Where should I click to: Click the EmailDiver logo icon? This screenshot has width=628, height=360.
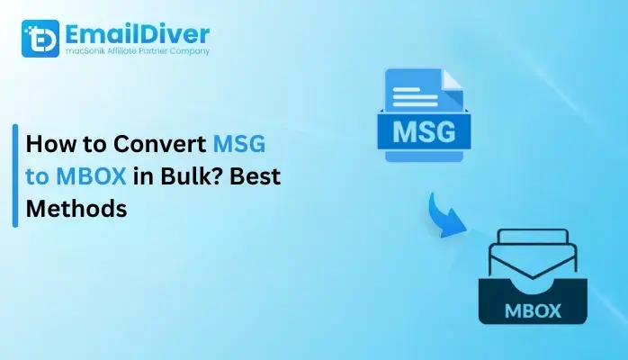[40, 39]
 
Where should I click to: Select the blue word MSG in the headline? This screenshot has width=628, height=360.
[238, 144]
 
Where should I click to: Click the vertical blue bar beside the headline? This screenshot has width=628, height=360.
[15, 176]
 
